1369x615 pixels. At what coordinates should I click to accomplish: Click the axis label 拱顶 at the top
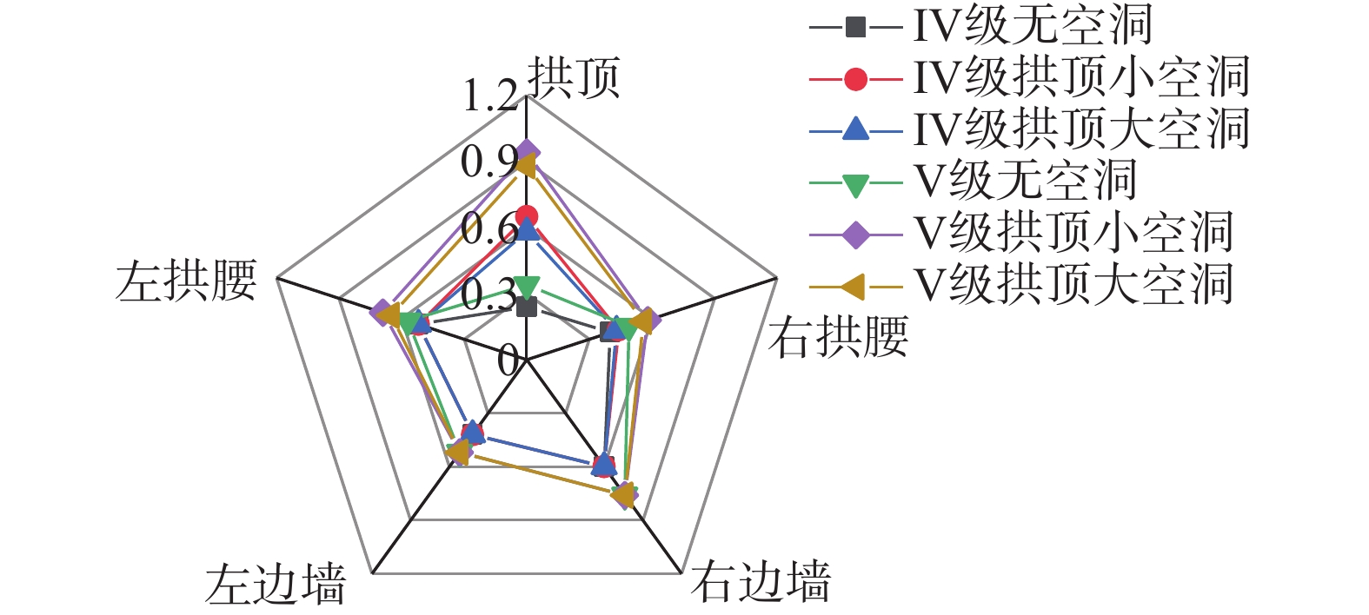coord(575,78)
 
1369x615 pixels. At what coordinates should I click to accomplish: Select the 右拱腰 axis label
coord(839,337)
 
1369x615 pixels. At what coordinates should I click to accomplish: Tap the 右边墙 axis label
coord(761,582)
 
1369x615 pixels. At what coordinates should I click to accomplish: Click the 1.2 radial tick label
coord(490,96)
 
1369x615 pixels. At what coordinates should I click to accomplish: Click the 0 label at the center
coord(508,360)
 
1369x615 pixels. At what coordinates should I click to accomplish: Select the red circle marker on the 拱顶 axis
coord(526,216)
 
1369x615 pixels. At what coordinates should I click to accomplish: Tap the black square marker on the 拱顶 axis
coord(526,307)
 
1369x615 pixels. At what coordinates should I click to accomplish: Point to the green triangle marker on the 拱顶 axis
coord(526,285)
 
